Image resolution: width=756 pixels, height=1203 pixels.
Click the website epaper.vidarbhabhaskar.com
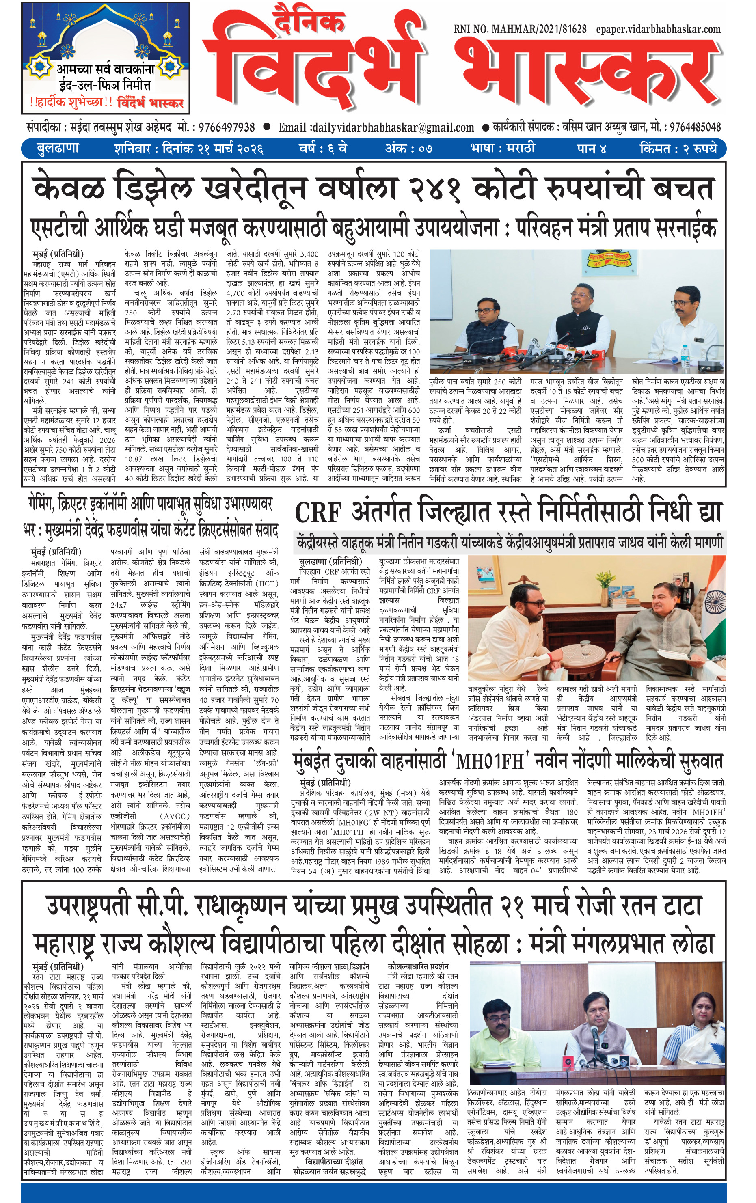(658, 30)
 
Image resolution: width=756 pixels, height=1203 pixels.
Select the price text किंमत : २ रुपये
(678, 149)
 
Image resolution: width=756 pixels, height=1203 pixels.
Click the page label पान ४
(592, 149)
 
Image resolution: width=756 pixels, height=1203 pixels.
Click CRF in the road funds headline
(318, 513)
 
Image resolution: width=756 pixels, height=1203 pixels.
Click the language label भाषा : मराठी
(502, 149)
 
